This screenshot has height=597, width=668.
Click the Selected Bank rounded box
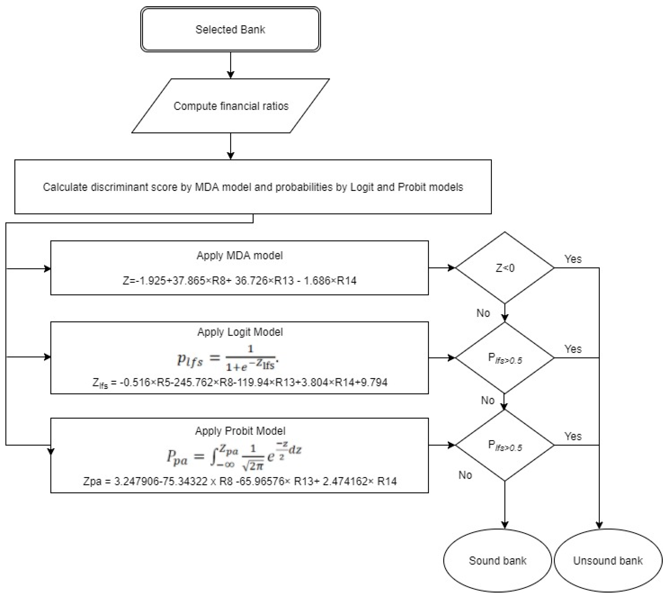pyautogui.click(x=230, y=30)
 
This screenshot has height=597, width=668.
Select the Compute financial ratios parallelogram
pyautogui.click(x=231, y=106)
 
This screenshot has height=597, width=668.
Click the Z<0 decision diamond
pyautogui.click(x=505, y=268)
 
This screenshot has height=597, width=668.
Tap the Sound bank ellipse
pyautogui.click(x=497, y=561)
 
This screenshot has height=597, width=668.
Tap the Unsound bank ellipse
pyautogui.click(x=608, y=561)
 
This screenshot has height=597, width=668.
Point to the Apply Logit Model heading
pyautogui.click(x=240, y=332)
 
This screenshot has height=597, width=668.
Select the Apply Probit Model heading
pyautogui.click(x=240, y=431)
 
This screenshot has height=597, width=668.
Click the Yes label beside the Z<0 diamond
pyautogui.click(x=573, y=259)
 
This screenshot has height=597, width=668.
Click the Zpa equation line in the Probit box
pyautogui.click(x=240, y=481)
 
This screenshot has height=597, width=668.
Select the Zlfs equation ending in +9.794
pyautogui.click(x=240, y=382)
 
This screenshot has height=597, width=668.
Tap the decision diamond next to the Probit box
pyautogui.click(x=505, y=445)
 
